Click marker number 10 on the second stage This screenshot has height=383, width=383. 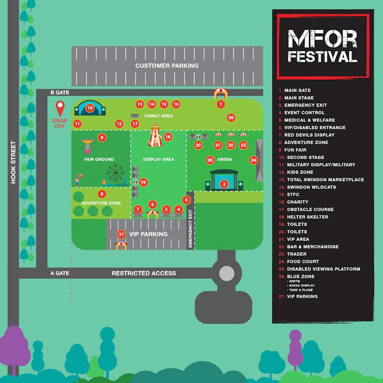coord(90,108)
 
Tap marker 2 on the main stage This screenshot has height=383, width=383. coord(224,184)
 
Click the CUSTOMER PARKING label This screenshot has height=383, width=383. coord(167,66)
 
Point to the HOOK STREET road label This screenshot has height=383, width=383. coord(13,162)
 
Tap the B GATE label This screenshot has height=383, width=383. coord(60,93)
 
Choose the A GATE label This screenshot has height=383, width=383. coord(60,273)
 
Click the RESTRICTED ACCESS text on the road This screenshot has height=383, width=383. coord(144,273)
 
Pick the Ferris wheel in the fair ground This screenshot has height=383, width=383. coord(115,173)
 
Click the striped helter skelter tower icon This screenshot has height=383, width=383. coord(155,136)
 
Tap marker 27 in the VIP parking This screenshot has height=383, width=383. coord(121,235)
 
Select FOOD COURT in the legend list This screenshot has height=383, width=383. coord(303,262)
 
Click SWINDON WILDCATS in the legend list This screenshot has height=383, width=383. coord(311,187)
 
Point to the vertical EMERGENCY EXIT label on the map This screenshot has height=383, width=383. coord(190,228)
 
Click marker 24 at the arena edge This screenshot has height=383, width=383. coord(253,160)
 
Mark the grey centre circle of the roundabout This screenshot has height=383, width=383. coord(227,273)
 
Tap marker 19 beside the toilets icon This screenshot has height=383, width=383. coord(144,182)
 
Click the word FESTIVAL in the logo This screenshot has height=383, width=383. coord(322,57)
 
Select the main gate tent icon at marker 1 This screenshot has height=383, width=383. coord(221,93)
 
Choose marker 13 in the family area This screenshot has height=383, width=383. coord(140,104)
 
